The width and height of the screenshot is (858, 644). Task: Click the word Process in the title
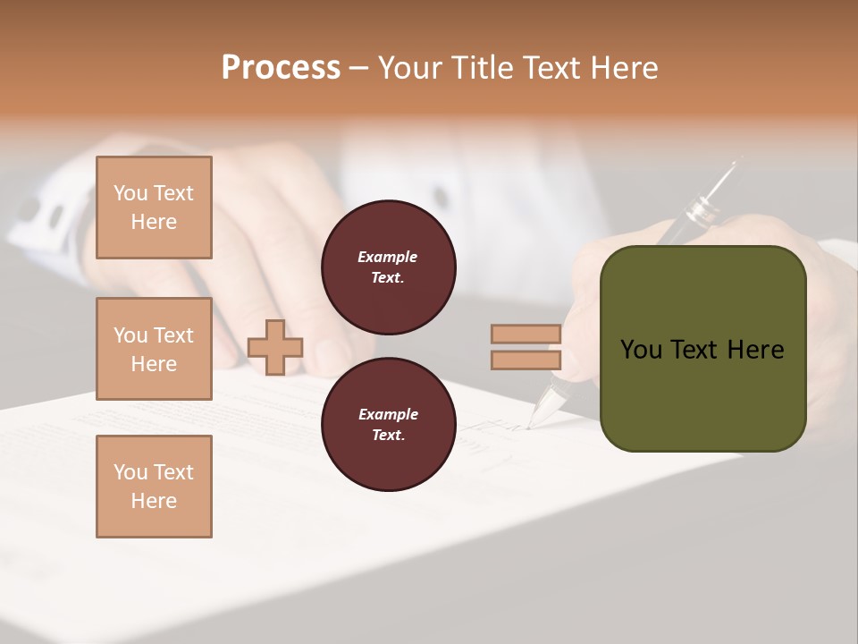[x=281, y=68]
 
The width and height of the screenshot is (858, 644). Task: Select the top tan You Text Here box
[x=154, y=208]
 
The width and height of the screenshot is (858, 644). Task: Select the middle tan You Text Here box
[x=154, y=349]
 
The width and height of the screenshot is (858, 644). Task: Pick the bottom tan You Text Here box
[x=154, y=487]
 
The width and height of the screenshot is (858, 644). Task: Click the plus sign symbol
[x=275, y=347]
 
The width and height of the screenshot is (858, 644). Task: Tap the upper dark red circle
[x=389, y=267]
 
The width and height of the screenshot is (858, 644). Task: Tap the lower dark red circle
[x=389, y=424]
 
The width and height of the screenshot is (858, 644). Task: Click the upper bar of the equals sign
[x=526, y=335]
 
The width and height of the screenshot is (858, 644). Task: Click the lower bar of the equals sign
[x=526, y=360]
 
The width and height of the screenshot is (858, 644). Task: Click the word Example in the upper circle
[x=388, y=257]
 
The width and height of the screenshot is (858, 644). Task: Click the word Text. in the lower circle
[x=388, y=435]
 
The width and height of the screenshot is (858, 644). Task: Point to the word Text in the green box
[x=696, y=350]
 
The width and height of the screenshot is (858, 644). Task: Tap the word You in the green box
[x=641, y=350]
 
